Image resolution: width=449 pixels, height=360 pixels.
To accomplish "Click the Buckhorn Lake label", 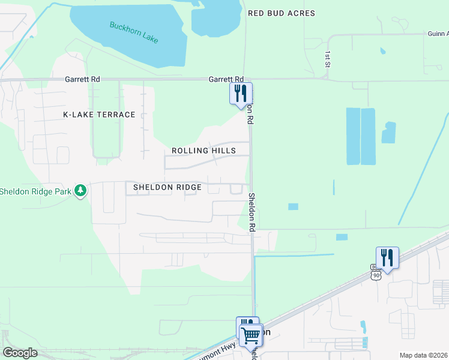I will [133, 32].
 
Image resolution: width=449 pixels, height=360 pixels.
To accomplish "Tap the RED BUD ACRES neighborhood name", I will [281, 13].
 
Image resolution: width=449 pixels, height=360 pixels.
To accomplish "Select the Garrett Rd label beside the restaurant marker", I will [226, 79].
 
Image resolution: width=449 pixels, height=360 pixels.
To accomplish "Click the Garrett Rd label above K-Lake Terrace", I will [82, 79].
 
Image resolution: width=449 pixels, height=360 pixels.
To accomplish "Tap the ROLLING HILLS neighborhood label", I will [203, 151].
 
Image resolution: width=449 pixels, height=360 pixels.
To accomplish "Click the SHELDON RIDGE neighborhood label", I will [167, 187].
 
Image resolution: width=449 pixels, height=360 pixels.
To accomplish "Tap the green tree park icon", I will [80, 191].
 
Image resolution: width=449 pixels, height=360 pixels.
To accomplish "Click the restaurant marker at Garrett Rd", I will [241, 94].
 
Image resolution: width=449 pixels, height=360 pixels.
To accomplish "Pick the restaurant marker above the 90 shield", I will [387, 258].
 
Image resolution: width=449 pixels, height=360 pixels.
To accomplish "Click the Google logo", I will [20, 353].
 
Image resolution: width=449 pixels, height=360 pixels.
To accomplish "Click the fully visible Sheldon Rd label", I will [253, 212].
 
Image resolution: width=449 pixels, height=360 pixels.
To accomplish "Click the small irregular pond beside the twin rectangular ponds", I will [389, 133].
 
